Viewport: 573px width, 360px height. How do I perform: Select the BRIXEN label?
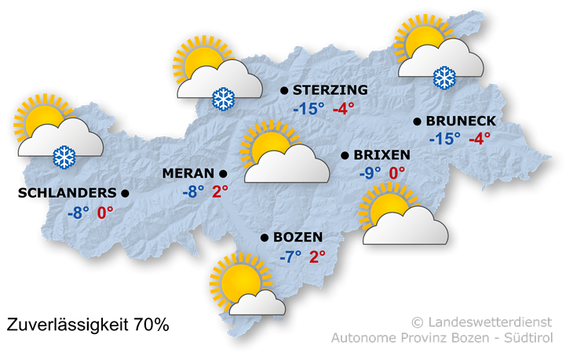[x=382, y=155]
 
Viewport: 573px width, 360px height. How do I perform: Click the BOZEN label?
[x=298, y=237]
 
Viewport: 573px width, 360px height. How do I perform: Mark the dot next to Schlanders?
[x=125, y=193]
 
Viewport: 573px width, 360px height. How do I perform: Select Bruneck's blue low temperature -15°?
[x=445, y=140]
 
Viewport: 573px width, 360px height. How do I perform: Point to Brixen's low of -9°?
[x=370, y=173]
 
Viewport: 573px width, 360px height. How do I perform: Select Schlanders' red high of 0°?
[x=105, y=213]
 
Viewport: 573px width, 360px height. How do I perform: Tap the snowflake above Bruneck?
[x=445, y=78]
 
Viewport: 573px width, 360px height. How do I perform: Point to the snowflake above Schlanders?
[x=64, y=156]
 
